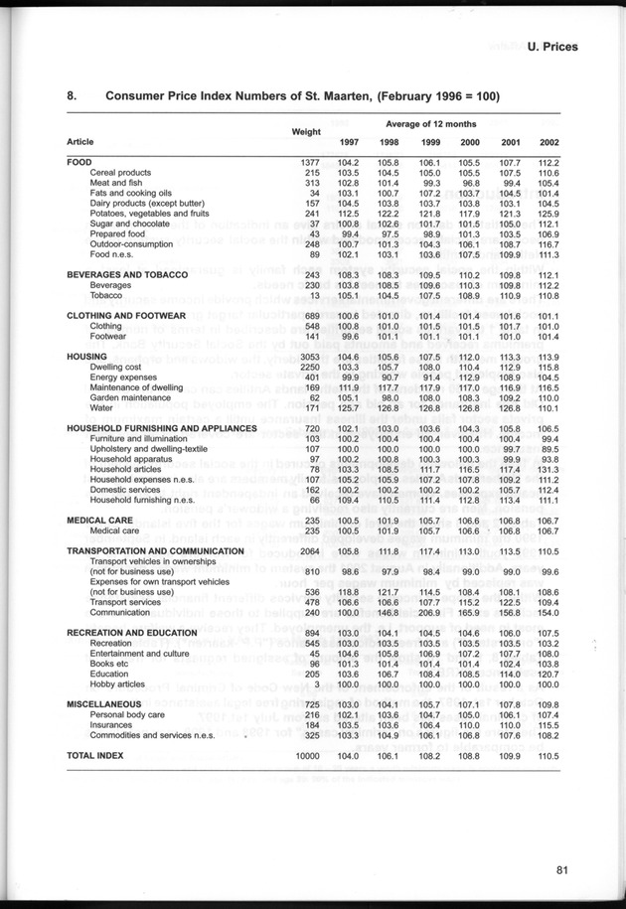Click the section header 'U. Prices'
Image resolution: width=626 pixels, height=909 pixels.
click(x=553, y=46)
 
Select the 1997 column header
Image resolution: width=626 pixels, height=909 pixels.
click(x=348, y=142)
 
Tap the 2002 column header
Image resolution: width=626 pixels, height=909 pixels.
click(x=549, y=142)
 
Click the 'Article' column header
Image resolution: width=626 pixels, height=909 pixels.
click(x=81, y=142)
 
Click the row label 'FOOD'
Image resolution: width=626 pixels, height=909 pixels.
click(x=79, y=162)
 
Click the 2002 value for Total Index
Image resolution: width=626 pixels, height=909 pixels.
click(x=548, y=756)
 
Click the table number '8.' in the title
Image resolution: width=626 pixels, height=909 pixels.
click(x=72, y=96)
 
